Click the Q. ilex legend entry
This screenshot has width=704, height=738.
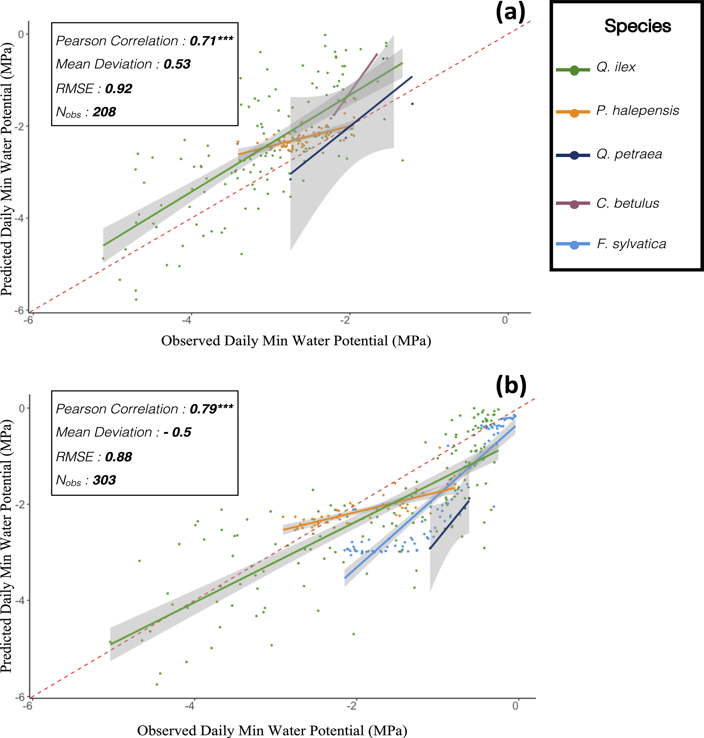(x=615, y=67)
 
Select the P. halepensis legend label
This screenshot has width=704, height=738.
(x=637, y=111)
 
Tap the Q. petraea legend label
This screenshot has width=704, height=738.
(x=629, y=154)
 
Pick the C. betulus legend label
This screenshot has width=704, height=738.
(x=627, y=203)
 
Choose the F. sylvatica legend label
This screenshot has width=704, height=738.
(x=631, y=244)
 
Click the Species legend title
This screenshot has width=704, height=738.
(x=637, y=26)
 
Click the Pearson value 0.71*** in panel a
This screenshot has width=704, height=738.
(x=211, y=41)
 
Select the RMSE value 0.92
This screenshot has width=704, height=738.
(x=119, y=89)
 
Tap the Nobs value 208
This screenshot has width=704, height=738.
(x=104, y=112)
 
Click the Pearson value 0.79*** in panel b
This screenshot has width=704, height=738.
(x=211, y=409)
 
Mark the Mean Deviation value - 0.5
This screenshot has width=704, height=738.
(x=177, y=432)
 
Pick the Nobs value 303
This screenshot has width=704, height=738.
(x=104, y=480)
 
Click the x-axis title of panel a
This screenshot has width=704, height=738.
(x=296, y=341)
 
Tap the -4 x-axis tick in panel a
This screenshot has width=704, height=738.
(x=187, y=320)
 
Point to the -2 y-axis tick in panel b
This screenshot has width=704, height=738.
(x=19, y=504)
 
